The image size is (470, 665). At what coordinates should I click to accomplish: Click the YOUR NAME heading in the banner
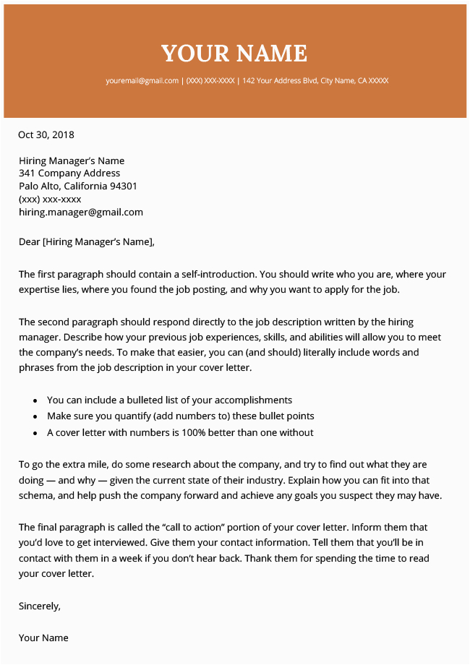[x=234, y=53]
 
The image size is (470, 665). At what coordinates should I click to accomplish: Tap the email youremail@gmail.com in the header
[x=142, y=81]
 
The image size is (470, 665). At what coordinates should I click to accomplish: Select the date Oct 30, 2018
[x=46, y=134]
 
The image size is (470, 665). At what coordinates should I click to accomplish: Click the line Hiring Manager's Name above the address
[x=72, y=160]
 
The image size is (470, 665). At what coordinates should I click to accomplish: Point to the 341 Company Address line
[x=69, y=173]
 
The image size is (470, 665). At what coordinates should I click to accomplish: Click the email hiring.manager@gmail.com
[x=81, y=213]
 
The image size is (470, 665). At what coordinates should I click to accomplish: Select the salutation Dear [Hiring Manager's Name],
[x=87, y=242]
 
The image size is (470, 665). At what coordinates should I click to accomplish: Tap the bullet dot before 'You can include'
[x=35, y=400]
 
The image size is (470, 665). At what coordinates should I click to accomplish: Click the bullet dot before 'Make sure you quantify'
[x=35, y=417]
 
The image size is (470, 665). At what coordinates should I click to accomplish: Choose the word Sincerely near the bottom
[x=39, y=606]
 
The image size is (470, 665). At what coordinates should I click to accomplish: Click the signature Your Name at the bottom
[x=43, y=638]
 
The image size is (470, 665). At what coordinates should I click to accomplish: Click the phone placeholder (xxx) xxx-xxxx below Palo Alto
[x=50, y=199]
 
